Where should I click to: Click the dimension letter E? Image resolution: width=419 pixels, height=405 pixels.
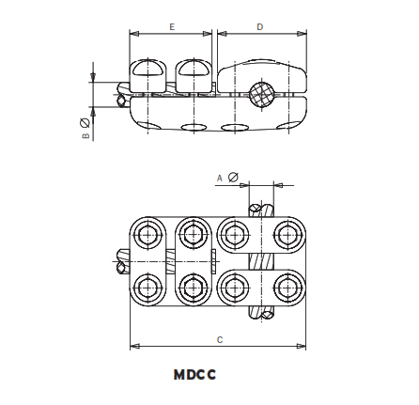click(x=171, y=27)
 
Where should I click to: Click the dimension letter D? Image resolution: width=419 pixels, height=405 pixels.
click(x=260, y=27)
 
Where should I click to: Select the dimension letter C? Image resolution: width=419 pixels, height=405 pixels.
click(x=219, y=337)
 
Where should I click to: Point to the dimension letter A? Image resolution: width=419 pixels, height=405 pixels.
click(x=220, y=177)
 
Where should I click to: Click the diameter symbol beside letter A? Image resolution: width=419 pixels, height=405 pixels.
click(x=232, y=177)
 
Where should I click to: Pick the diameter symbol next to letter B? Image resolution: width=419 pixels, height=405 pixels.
click(x=85, y=123)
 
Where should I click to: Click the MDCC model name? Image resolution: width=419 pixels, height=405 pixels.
click(x=194, y=374)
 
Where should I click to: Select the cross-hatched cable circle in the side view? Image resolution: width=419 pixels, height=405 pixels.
click(x=261, y=91)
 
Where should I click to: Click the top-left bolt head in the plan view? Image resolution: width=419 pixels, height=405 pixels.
click(x=147, y=231)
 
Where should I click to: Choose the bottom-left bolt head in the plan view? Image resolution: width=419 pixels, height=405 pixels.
click(x=147, y=287)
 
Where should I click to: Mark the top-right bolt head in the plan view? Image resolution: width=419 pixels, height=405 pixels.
click(x=287, y=231)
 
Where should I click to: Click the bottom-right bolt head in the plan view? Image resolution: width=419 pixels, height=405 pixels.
click(x=287, y=287)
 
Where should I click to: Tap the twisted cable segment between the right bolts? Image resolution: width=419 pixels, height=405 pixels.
click(x=260, y=259)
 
